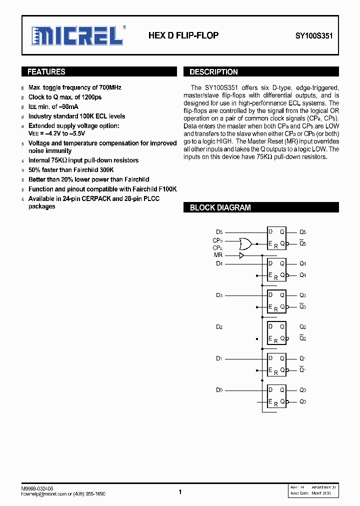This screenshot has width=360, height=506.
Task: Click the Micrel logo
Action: pyautogui.click(x=77, y=35)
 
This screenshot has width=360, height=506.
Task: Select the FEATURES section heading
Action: pyautogui.click(x=46, y=72)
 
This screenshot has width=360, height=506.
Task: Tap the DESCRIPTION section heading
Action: pyautogui.click(x=213, y=72)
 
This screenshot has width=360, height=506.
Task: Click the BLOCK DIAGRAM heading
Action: pyautogui.click(x=220, y=207)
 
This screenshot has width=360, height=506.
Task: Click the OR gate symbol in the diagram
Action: pyautogui.click(x=245, y=244)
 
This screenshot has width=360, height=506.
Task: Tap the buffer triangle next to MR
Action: pyautogui.click(x=241, y=255)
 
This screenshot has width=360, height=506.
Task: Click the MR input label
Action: pyautogui.click(x=218, y=255)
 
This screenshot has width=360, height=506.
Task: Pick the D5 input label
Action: pyautogui.click(x=219, y=232)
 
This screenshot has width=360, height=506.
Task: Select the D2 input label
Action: pyautogui.click(x=219, y=327)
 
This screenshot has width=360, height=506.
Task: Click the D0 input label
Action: pyautogui.click(x=219, y=390)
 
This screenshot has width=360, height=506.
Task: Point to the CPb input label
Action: pyautogui.click(x=217, y=240)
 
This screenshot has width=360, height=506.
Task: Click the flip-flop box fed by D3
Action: pyautogui.click(x=276, y=301)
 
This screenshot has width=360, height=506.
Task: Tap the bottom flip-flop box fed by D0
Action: pyautogui.click(x=276, y=396)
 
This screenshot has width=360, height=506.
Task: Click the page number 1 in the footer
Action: pyautogui.click(x=179, y=492)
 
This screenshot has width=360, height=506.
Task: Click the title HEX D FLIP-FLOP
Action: pyautogui.click(x=183, y=35)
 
